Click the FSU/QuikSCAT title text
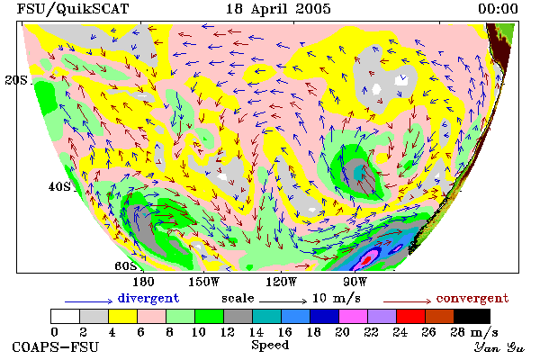73,9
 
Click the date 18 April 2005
278,9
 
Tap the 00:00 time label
498,9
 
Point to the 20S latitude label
16,80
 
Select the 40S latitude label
59,186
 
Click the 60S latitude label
125,266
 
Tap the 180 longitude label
143,282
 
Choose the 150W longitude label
204,282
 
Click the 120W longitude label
281,282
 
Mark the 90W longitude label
355,282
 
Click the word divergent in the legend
148,298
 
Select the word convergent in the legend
472,298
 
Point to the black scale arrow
283,301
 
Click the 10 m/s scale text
337,298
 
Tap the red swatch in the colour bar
410,316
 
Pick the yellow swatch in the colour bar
122,316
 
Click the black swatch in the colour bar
472,316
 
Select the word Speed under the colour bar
270,346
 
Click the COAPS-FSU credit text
56,346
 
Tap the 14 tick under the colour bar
256,332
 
